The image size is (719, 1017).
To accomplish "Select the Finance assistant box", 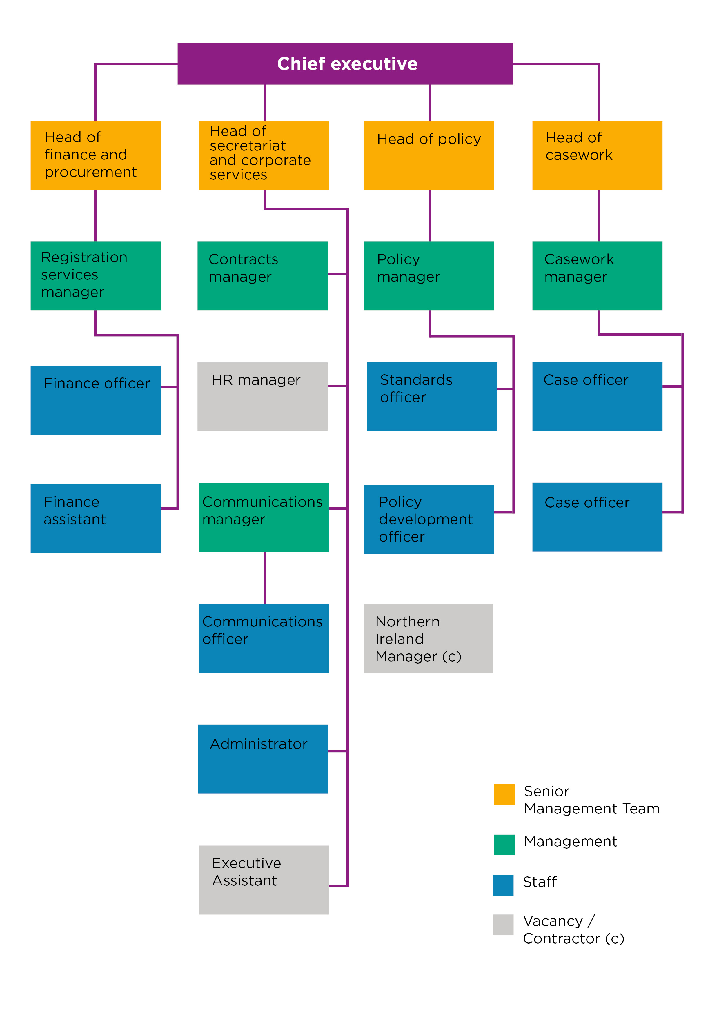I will coord(95,518).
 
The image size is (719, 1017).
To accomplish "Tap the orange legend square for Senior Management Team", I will coord(504,794).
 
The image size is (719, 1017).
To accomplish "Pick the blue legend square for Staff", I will coord(503,885).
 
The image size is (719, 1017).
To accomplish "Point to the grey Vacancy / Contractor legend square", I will coord(503,925).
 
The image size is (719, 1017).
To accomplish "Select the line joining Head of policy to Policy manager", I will coord(430,216).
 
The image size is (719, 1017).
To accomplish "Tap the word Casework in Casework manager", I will coord(579,259).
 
